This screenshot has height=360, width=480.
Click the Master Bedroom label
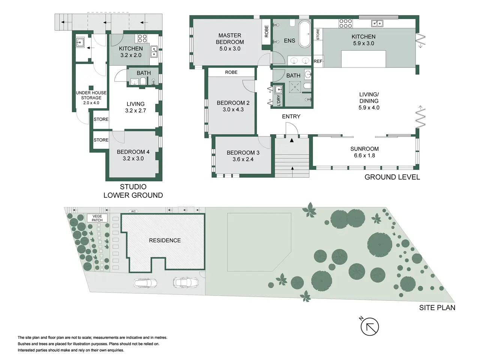(x=229, y=42)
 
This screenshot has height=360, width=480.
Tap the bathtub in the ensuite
(x=305, y=34)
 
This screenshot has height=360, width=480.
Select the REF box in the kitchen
(x=318, y=61)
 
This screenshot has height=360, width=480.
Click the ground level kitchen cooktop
(x=345, y=24)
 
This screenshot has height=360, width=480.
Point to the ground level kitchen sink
(x=377, y=23)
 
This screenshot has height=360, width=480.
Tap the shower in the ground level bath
(x=295, y=87)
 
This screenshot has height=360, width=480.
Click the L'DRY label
(x=279, y=100)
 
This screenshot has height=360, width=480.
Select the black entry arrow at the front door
(x=292, y=140)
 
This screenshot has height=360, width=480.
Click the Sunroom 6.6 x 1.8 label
(x=364, y=152)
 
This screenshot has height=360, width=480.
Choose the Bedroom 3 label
(x=243, y=156)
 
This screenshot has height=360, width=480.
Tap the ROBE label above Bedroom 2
(x=231, y=72)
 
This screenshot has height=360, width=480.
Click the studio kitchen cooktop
(x=142, y=39)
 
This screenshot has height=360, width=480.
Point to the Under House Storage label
(x=91, y=98)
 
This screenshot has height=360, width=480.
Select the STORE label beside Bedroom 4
(x=101, y=140)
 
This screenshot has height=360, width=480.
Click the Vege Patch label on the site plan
(x=97, y=218)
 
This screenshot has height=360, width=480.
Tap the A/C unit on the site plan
(x=133, y=211)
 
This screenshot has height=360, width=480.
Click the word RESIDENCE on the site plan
(x=165, y=240)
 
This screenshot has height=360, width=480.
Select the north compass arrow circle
(x=370, y=327)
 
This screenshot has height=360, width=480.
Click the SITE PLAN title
(x=437, y=308)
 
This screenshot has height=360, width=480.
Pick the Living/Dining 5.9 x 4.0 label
(x=369, y=101)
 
